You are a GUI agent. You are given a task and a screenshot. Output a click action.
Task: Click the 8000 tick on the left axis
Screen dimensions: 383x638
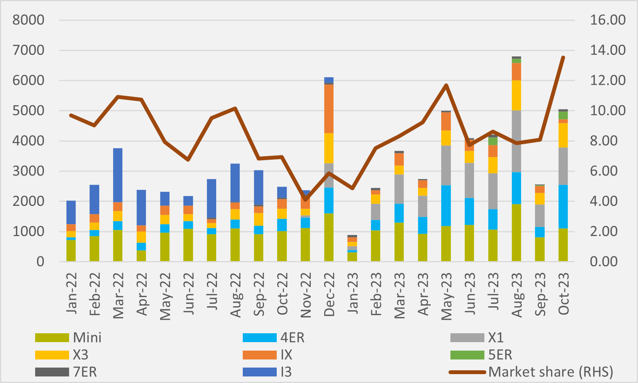(29, 20)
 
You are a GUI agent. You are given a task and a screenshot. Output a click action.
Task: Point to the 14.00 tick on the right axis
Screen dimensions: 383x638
(608, 50)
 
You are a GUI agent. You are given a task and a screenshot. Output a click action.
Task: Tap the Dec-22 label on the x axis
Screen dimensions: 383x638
(329, 295)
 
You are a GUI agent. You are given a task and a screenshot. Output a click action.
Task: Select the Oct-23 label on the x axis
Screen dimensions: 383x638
(563, 294)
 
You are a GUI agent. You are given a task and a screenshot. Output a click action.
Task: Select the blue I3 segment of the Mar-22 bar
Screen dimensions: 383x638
(118, 175)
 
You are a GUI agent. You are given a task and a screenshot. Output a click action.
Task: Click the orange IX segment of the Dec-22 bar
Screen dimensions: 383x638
(329, 109)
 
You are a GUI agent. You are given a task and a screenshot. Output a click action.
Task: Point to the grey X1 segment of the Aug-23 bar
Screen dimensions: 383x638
(516, 141)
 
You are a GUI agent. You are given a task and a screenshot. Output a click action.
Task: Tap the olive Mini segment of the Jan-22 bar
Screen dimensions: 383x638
(71, 251)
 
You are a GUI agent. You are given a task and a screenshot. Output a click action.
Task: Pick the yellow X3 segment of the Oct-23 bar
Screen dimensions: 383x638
(563, 135)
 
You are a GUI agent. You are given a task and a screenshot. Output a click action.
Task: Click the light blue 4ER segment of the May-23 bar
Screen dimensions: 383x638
(446, 206)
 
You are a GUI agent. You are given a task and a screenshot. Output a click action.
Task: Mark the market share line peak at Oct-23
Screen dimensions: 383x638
(563, 57)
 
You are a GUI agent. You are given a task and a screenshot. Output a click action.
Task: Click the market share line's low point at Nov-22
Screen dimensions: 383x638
(305, 199)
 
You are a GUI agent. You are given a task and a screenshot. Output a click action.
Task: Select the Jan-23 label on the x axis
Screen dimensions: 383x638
(352, 295)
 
